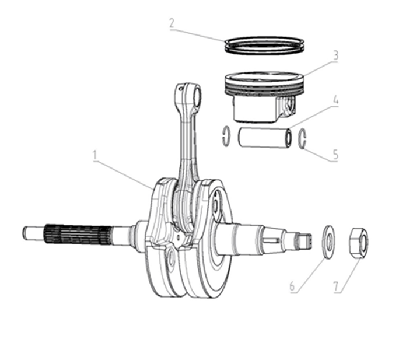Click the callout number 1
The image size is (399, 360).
click(x=95, y=156)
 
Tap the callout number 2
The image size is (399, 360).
click(x=172, y=23)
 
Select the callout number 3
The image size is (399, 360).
click(x=336, y=55)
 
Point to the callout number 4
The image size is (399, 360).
click(x=336, y=100)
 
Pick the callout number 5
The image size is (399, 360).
click(x=335, y=155)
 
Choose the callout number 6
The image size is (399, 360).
click(x=292, y=286)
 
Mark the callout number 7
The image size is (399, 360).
click(x=336, y=286)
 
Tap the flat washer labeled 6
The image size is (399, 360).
click(x=329, y=242)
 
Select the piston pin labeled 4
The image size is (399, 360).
click(x=265, y=138)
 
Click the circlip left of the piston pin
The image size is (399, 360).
click(x=226, y=136)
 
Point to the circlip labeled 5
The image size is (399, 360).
click(x=303, y=139)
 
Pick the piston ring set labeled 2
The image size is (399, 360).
click(x=264, y=45)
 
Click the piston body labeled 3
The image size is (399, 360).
click(x=264, y=97)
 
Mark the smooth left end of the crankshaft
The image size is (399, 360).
click(x=34, y=232)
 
